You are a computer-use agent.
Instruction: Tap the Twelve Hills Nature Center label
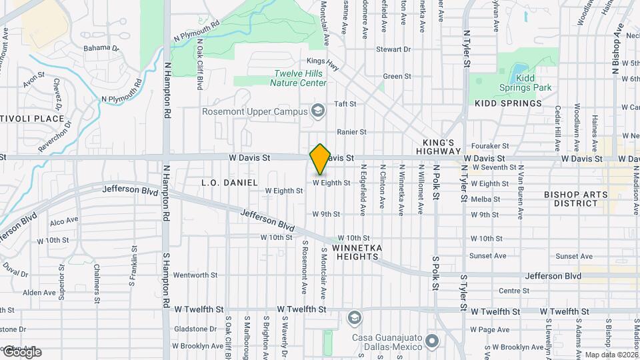pyautogui.click(x=299, y=79)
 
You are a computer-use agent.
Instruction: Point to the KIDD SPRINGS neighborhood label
pyautogui.click(x=507, y=103)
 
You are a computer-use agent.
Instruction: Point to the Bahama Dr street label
pyautogui.click(x=101, y=48)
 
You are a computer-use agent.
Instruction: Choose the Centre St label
pyautogui.click(x=513, y=291)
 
